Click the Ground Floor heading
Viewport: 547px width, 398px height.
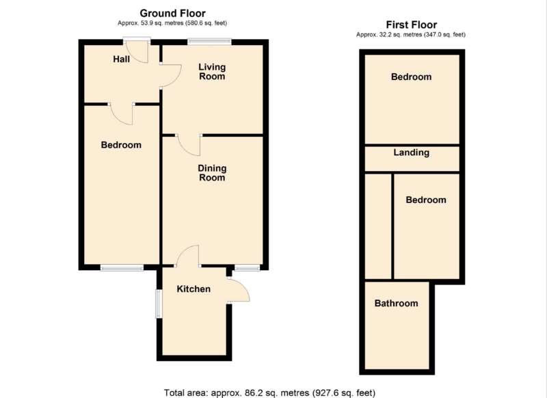(x=173, y=13)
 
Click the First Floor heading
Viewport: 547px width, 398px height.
(x=412, y=25)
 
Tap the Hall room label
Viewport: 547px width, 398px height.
(x=122, y=59)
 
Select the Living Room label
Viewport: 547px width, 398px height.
(x=212, y=72)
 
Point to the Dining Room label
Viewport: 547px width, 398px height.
(x=212, y=173)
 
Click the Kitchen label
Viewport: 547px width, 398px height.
(x=194, y=289)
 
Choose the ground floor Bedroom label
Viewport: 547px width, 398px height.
(x=121, y=145)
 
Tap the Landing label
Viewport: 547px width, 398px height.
(x=412, y=152)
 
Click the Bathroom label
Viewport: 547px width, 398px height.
(x=397, y=303)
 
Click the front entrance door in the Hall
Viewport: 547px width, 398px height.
(x=137, y=51)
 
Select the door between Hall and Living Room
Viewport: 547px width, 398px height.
(x=171, y=75)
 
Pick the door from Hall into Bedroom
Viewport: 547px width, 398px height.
(x=122, y=114)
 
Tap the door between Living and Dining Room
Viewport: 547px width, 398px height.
(x=189, y=145)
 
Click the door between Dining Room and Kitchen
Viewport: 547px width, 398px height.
(x=187, y=256)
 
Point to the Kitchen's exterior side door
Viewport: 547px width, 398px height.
(x=239, y=289)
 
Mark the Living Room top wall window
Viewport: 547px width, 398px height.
(x=210, y=42)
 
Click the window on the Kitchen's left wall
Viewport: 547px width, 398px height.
(x=159, y=304)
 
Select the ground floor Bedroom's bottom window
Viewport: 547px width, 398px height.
(x=122, y=267)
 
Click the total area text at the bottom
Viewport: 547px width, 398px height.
(x=269, y=393)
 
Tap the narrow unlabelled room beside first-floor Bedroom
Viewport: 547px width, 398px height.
(x=378, y=226)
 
